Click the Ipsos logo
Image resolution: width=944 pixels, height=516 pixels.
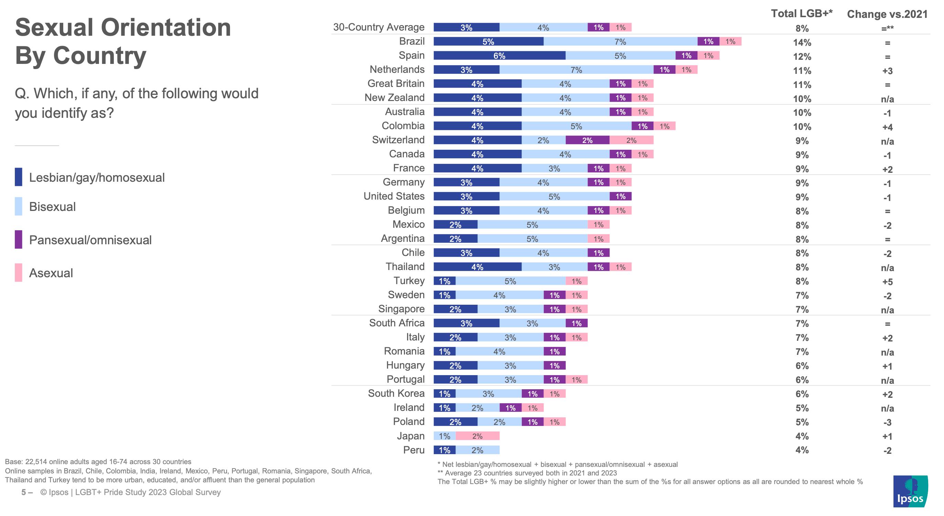910,491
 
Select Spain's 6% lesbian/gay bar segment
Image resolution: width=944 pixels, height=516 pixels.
499,56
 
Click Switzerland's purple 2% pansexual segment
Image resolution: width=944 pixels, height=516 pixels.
587,140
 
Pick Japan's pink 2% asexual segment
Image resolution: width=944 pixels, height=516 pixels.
477,436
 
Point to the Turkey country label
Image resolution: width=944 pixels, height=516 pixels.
409,281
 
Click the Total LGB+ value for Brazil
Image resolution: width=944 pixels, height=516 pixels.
802,43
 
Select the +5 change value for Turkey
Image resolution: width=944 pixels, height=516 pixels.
887,282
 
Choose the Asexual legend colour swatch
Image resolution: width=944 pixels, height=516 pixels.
18,272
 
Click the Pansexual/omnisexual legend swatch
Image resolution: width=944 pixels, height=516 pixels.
18,239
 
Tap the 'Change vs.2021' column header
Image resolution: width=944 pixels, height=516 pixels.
887,14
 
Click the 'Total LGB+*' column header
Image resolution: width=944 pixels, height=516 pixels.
801,13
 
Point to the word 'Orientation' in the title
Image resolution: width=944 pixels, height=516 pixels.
166,28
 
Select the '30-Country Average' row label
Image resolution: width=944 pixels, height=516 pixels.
378,27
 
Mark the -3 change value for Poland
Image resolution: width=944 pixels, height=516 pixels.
887,422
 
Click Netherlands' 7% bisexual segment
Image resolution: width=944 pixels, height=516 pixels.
576,70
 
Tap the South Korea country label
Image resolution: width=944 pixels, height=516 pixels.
396,393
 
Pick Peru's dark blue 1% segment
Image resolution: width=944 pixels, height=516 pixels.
444,450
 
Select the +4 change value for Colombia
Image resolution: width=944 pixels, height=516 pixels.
887,127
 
